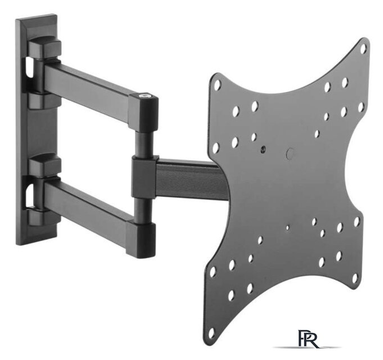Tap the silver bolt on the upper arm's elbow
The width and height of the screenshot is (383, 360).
[145, 96]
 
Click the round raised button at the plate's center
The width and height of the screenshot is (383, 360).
[290, 154]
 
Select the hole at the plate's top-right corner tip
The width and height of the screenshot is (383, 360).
[363, 48]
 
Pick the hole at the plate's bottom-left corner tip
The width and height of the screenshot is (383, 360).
[211, 332]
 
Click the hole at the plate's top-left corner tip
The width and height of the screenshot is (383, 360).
[217, 85]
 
